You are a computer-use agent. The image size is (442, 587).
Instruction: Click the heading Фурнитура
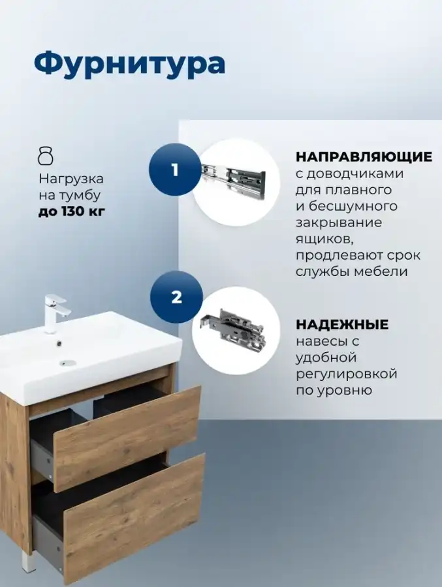(x=130, y=64)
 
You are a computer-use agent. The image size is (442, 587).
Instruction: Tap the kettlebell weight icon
(x=46, y=156)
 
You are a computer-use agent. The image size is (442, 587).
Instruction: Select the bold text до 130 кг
(x=72, y=211)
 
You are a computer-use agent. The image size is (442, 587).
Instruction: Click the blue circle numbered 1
(x=175, y=170)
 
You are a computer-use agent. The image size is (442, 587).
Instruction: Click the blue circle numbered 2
(x=176, y=297)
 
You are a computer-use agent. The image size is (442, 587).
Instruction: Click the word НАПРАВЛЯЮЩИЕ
(x=364, y=157)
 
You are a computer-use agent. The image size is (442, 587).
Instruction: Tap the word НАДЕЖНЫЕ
(x=342, y=325)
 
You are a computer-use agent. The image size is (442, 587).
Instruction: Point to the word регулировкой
(x=347, y=374)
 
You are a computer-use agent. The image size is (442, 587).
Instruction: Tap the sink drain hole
(x=68, y=363)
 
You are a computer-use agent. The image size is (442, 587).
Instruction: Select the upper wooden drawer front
(x=127, y=439)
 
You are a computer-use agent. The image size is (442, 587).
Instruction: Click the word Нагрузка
(x=71, y=179)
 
